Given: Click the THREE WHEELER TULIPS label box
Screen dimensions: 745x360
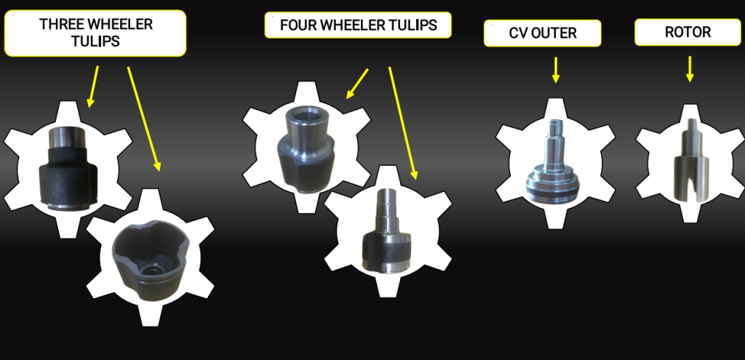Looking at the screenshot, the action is [95, 33].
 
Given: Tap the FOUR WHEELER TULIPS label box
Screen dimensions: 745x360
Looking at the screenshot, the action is [358, 25].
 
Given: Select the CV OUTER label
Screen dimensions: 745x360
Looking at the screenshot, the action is [543, 33].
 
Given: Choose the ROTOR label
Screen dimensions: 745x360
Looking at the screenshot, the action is [688, 32].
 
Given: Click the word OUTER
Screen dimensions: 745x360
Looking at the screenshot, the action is [558, 33].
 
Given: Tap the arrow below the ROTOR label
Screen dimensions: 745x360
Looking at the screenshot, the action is [690, 69].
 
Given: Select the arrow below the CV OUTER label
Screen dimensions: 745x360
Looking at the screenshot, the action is [555, 71].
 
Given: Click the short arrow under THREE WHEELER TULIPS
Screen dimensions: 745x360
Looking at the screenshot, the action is [94, 87].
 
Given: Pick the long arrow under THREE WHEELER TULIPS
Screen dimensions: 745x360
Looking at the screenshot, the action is [144, 119].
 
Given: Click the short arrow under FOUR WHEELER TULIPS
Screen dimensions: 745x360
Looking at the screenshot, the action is [357, 84].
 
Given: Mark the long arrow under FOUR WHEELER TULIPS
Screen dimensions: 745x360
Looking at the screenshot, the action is [403, 124].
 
